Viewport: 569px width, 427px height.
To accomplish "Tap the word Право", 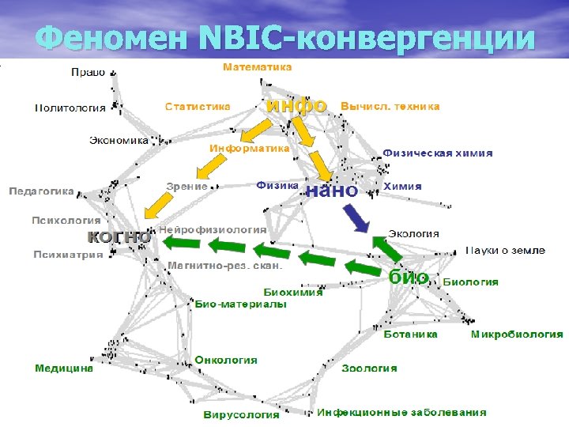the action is [88, 72].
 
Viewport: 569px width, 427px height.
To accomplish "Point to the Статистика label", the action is [198, 106].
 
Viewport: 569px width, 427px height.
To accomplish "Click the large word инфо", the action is [296, 104].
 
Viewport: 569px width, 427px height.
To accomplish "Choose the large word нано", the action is [331, 190].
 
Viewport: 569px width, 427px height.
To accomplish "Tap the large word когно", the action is [119, 236].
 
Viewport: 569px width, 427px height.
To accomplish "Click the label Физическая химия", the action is [438, 153].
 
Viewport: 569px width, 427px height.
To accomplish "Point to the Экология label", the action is [413, 233].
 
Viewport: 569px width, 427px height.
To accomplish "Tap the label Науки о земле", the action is [505, 251].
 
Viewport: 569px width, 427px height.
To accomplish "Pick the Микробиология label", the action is [517, 334].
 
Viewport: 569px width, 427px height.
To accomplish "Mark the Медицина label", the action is [63, 368].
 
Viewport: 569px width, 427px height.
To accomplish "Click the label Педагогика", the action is [41, 191].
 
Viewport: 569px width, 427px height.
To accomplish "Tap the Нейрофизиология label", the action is [213, 229].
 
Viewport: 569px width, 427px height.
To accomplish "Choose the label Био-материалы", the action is [240, 304].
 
